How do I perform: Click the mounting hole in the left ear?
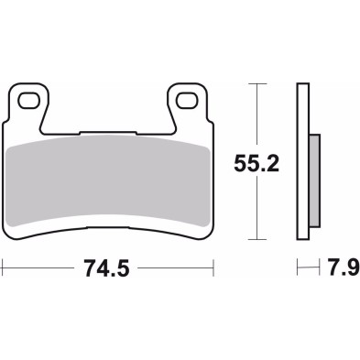tap(30, 98)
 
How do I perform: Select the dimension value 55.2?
tap(256, 165)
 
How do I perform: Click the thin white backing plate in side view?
tap(303, 165)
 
